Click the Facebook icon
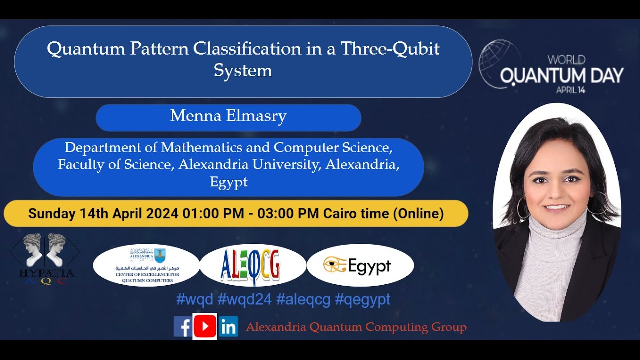point(183,327)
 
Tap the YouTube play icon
point(205,327)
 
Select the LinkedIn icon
point(228,327)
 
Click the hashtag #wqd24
point(244,299)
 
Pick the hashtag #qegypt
point(362,299)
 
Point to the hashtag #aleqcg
point(303,299)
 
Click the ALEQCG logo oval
point(253,265)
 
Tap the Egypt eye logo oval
point(360,265)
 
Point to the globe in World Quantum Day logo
point(498,62)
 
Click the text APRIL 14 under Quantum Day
point(571,90)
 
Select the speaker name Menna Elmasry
point(228,116)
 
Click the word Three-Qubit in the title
point(390,49)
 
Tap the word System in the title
point(243,70)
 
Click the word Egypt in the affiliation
point(228,182)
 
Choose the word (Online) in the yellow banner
point(418,214)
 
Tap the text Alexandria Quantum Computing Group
point(356,327)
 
